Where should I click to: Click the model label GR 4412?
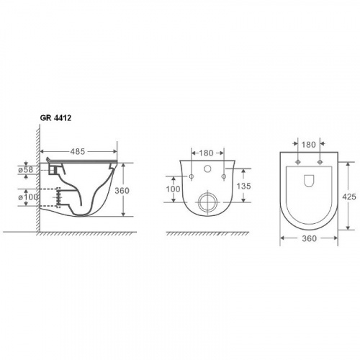click(x=55, y=118)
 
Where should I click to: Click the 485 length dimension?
click(x=78, y=151)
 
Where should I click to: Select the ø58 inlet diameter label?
click(x=26, y=170)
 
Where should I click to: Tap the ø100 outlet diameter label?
click(x=28, y=197)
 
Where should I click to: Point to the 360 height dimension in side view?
click(x=122, y=191)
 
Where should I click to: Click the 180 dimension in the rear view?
click(x=206, y=153)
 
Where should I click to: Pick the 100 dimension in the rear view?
click(x=173, y=189)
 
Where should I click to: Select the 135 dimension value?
click(x=243, y=186)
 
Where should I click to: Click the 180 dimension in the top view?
click(x=308, y=145)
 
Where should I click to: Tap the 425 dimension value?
click(x=349, y=197)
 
